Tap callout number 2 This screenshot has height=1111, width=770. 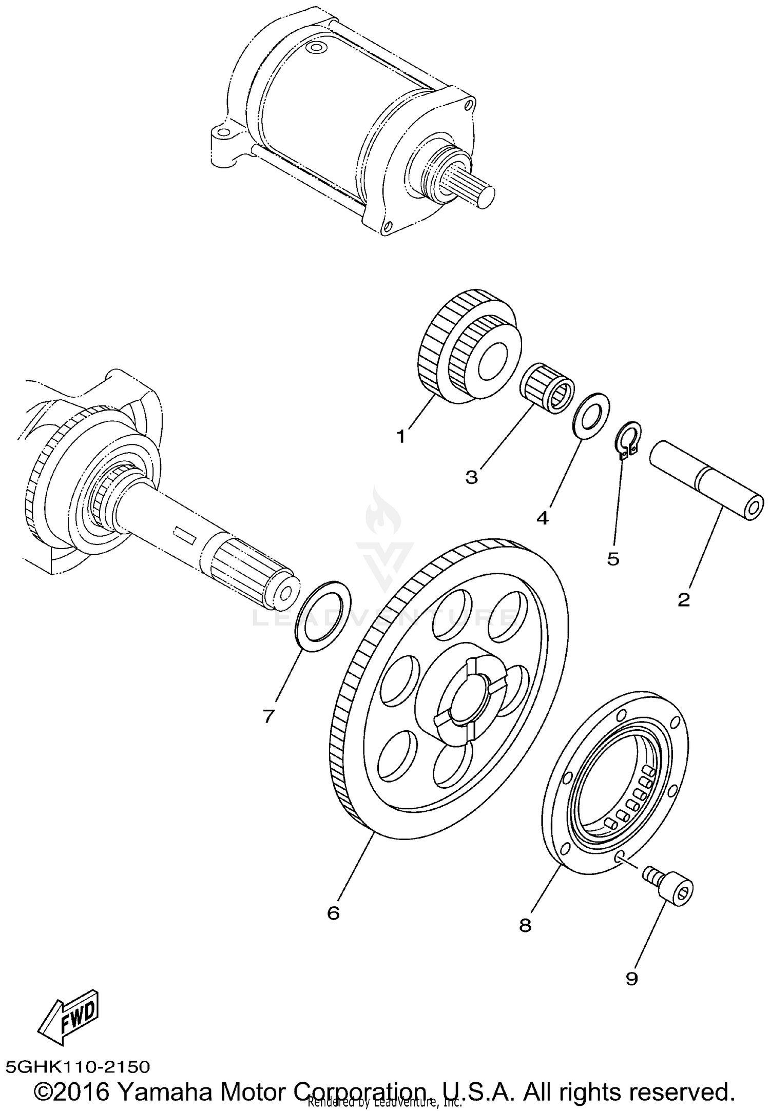tap(683, 599)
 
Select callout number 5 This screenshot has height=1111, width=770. tap(613, 559)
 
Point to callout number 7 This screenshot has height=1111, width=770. tap(268, 716)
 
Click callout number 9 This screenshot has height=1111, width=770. tap(631, 979)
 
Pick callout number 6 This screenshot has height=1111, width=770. tap(333, 913)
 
